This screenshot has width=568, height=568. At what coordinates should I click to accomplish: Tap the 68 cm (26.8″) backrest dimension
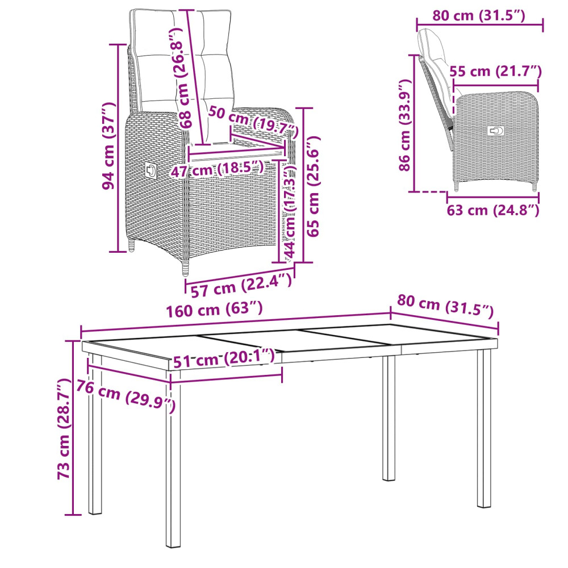click(x=181, y=77)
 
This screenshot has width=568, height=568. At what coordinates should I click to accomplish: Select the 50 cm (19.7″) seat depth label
click(x=253, y=122)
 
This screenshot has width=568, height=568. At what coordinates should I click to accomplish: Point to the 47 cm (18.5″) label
click(x=218, y=169)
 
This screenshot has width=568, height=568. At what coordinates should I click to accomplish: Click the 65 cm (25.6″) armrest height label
click(x=314, y=186)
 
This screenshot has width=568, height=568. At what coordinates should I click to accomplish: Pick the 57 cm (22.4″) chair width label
click(x=241, y=285)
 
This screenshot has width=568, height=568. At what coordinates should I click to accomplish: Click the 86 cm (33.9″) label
click(x=405, y=125)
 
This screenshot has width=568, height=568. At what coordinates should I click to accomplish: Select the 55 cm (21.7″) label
click(x=495, y=72)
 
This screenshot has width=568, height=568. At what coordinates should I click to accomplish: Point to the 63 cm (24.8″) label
click(x=493, y=210)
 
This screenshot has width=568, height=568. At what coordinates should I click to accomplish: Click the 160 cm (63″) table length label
click(x=214, y=310)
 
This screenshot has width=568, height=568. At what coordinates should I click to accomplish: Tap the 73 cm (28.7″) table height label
click(x=64, y=429)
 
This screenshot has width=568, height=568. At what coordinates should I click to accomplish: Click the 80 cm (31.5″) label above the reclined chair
click(x=478, y=15)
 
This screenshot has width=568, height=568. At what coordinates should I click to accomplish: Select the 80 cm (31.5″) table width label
click(x=445, y=307)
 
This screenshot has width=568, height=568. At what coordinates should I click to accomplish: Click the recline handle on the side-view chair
click(x=495, y=131)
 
